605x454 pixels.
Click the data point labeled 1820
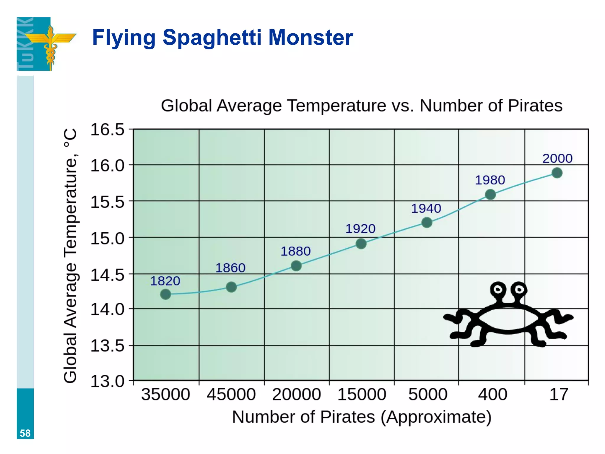165,294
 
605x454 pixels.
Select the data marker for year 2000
557,173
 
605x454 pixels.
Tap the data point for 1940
427,222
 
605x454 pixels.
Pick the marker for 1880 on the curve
296,266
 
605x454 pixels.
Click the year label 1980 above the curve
490,180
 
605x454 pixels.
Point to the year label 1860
230,268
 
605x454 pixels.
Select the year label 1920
360,229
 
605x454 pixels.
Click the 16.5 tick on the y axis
107,130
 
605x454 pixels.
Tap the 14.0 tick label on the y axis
107,309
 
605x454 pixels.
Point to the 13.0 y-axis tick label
107,381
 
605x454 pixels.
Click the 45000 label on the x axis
231,395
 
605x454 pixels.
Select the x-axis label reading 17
558,395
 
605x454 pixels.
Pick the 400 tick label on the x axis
492,395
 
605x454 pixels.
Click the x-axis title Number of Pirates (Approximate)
362,417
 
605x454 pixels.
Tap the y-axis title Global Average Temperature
71,256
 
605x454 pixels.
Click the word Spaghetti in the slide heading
212,38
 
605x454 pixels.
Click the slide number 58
25,433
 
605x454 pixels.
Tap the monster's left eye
498,289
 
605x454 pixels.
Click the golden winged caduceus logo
51,44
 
